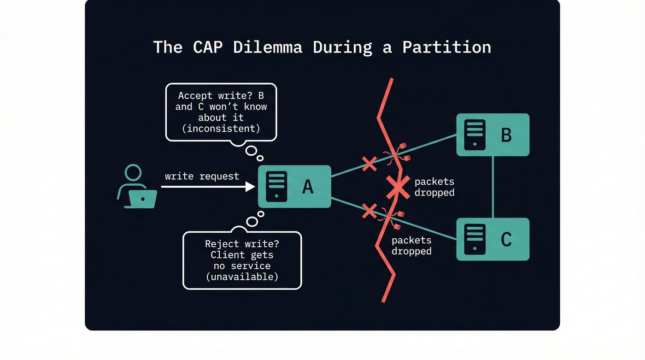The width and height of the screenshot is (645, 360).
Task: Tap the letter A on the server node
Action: tap(307, 187)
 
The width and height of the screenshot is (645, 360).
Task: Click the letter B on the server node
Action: tap(506, 135)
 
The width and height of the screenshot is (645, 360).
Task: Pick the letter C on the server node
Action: tap(506, 239)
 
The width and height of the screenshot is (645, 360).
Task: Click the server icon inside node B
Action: tap(475, 135)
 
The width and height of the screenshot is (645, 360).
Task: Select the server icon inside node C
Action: tap(475, 239)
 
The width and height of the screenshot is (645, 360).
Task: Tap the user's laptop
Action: tap(142, 199)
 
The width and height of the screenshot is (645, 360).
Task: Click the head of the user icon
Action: tap(133, 173)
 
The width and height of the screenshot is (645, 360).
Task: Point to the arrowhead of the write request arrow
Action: tap(251, 187)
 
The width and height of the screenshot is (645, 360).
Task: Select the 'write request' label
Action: tap(202, 176)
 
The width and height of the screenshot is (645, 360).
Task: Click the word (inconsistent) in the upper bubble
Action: tap(221, 129)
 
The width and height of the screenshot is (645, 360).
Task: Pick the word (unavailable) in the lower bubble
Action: tap(242, 277)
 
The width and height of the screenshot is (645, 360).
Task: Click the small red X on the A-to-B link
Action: tap(369, 164)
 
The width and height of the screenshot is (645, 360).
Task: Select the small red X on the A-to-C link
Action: tap(369, 211)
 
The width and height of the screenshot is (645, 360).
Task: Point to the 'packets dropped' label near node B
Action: tap(434, 187)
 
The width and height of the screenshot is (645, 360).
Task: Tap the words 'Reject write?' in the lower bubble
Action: tap(242, 244)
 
